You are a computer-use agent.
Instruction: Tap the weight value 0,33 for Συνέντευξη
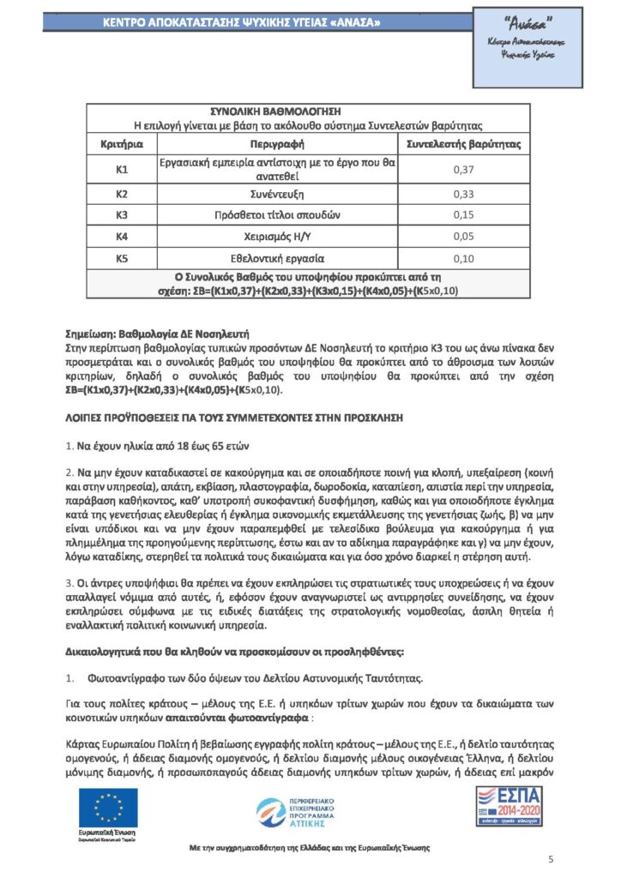pos(463,194)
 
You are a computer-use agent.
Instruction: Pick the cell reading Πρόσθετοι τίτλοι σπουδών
pos(275,214)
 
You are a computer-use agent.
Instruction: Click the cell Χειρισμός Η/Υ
pos(275,236)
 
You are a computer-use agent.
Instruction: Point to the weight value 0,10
pos(463,257)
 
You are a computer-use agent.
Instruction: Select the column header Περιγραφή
pos(275,144)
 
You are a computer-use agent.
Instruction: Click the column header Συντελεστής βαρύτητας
pos(463,144)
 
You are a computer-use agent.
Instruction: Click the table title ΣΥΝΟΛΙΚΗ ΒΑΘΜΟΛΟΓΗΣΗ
pos(275,111)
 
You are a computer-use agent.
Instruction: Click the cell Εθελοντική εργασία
pos(275,257)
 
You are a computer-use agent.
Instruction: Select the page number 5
pos(551,858)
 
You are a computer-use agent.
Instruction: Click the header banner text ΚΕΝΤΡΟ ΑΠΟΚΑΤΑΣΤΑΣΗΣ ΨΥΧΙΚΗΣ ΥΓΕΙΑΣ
pos(243,21)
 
